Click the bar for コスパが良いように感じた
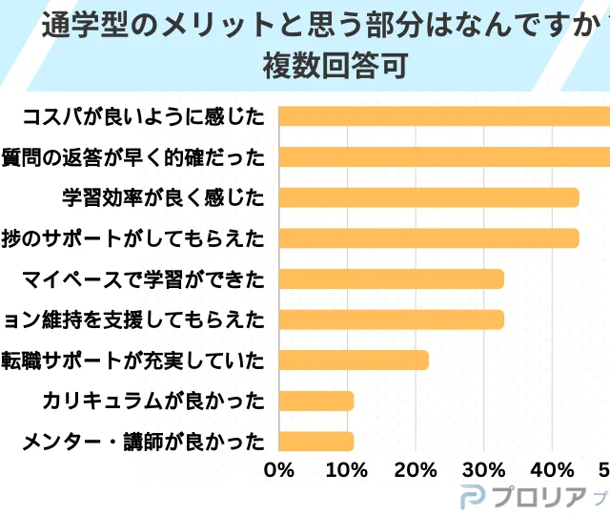coord(444,116)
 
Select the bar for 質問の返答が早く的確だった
coord(444,156)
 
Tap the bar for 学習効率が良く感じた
coord(429,197)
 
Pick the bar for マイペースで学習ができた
coord(391,278)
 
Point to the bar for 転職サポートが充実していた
coord(354,360)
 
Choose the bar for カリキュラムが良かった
coord(316,401)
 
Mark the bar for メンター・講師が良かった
coord(316,441)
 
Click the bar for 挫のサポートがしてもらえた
coord(429,237)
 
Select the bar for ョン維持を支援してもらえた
coord(391,319)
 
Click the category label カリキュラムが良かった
coord(152,401)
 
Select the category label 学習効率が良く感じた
coord(162,197)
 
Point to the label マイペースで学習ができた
coord(143,278)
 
